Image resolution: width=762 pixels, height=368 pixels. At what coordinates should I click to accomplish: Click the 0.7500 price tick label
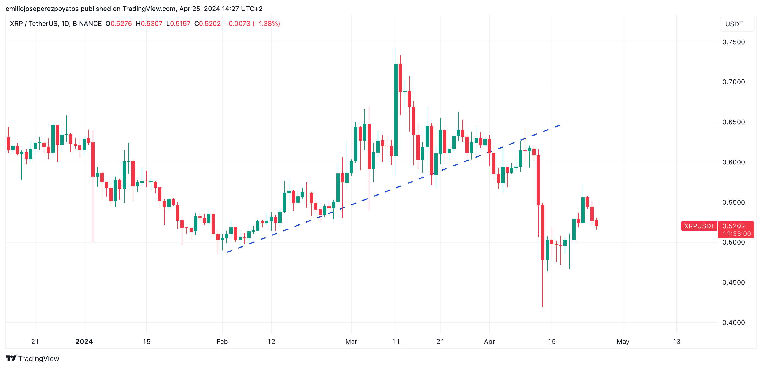(733, 42)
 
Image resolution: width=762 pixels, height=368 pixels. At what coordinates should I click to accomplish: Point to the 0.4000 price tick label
(733, 322)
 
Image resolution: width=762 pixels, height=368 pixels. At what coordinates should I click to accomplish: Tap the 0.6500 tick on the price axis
(733, 122)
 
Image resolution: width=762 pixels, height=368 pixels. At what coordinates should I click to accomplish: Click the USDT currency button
(734, 24)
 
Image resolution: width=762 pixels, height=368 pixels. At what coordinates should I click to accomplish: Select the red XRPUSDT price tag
(699, 226)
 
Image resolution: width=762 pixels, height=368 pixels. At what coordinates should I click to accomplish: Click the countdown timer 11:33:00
(736, 234)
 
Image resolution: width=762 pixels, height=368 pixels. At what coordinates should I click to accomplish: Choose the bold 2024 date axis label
(84, 342)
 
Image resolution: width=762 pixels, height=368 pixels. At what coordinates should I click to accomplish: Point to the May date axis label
(623, 342)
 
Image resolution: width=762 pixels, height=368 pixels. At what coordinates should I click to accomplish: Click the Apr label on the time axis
(489, 342)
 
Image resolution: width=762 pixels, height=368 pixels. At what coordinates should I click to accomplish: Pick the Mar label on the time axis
(351, 342)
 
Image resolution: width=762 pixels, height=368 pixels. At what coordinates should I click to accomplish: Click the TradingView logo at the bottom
(32, 359)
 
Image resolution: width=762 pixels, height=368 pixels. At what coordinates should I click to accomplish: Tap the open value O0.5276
(119, 24)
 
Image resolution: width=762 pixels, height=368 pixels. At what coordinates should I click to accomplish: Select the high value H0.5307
(149, 24)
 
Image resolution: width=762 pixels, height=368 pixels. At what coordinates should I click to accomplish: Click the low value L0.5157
(178, 24)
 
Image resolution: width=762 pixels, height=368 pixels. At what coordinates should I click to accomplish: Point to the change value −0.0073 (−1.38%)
(252, 24)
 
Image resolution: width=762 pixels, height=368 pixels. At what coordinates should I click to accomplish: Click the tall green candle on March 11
(396, 109)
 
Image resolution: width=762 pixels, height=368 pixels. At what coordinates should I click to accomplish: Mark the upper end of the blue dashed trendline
(560, 125)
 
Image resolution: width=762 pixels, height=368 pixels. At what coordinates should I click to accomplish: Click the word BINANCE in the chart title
(87, 24)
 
